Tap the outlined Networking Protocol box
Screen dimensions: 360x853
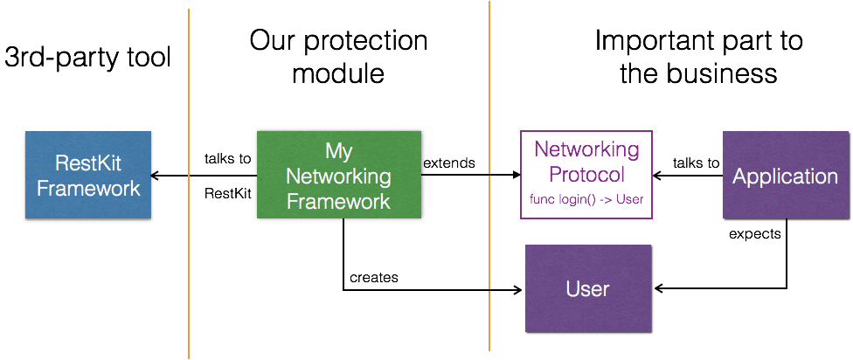coord(586,175)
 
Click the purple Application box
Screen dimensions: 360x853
coord(784,176)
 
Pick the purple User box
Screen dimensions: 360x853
coord(587,288)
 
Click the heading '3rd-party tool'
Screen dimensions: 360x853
coord(88,58)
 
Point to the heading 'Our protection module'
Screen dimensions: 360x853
coord(338,57)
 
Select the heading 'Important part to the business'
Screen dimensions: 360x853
coord(698,57)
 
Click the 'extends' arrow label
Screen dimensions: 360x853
coord(450,163)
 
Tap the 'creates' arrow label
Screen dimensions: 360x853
coord(374,277)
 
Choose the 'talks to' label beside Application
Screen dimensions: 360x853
coord(696,163)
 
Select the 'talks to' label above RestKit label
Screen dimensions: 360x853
coord(227,159)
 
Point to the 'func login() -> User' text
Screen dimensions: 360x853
coord(586,199)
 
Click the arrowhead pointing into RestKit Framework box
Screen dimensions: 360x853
coord(158,176)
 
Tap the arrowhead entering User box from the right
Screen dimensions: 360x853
coord(658,288)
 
